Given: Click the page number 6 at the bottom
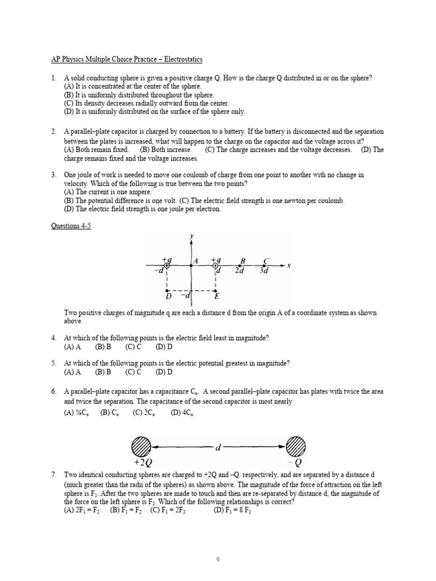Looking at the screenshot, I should pyautogui.click(x=217, y=543).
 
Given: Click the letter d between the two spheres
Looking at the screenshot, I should pyautogui.click(x=218, y=448).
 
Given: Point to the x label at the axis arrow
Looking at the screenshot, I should pyautogui.click(x=288, y=265).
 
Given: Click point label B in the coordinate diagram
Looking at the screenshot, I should pyautogui.click(x=242, y=261).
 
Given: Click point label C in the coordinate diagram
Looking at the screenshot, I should pyautogui.click(x=266, y=261).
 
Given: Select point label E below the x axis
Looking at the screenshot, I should pyautogui.click(x=217, y=296).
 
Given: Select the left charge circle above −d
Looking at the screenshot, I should pyautogui.click(x=167, y=265).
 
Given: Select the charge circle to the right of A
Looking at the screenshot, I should pyautogui.click(x=215, y=265).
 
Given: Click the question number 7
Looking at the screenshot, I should pyautogui.click(x=53, y=474).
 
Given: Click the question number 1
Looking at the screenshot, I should pyautogui.click(x=53, y=78).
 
